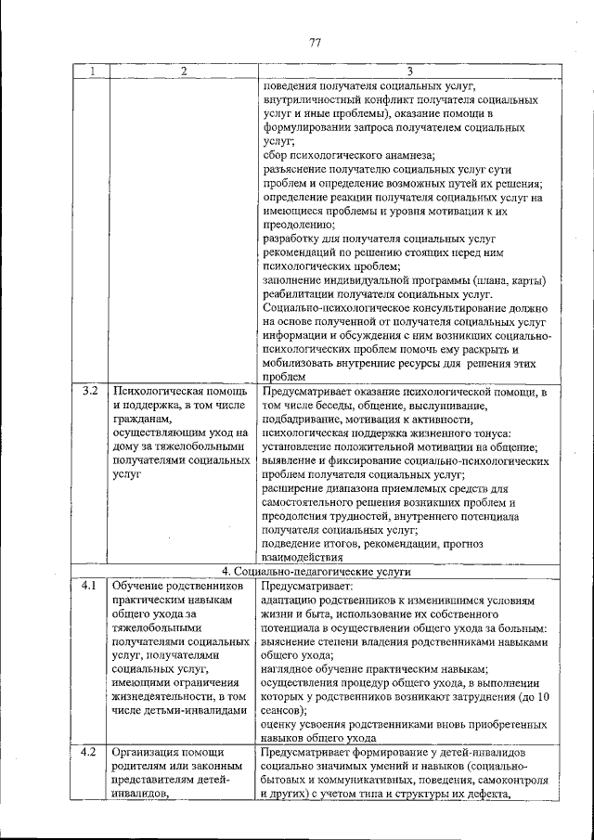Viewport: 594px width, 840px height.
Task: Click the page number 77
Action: pos(315,42)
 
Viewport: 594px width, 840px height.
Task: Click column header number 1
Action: pos(90,71)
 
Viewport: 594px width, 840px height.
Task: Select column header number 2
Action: pos(183,71)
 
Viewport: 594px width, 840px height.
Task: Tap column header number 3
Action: pos(409,71)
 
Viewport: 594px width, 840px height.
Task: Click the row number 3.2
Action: pos(90,393)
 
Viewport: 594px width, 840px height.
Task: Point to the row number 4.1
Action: pos(90,587)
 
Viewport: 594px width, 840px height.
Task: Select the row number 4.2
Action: pos(90,751)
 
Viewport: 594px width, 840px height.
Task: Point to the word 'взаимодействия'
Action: pos(305,557)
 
